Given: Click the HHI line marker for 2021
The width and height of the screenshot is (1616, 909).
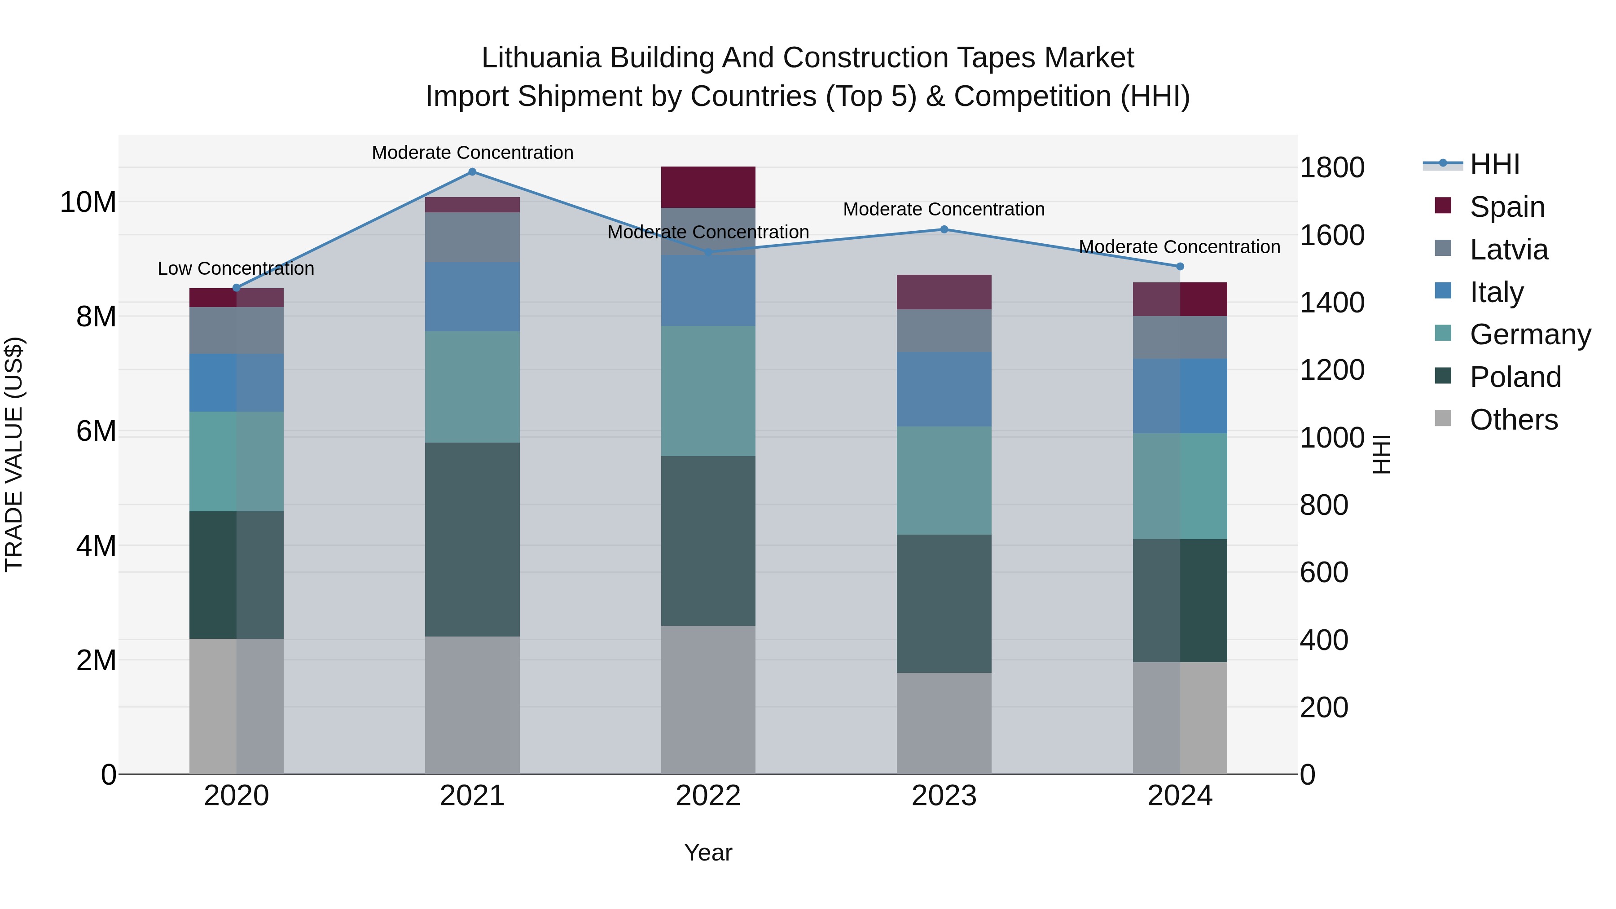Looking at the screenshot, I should [x=472, y=172].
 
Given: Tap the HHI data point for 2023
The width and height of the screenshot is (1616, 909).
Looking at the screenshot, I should [x=944, y=229].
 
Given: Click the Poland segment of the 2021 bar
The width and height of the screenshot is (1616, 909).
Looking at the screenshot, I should [x=472, y=540].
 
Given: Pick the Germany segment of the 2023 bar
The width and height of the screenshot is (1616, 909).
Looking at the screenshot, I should [x=944, y=480].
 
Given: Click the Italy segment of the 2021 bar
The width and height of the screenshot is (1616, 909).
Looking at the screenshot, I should [x=472, y=297].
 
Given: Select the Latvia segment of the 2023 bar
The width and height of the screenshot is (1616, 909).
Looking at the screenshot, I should [x=944, y=330].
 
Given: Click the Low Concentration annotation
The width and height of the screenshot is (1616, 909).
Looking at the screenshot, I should [x=236, y=268].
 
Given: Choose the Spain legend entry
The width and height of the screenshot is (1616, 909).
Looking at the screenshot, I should [x=1507, y=207].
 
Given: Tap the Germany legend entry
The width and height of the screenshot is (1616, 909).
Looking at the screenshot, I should [x=1529, y=334].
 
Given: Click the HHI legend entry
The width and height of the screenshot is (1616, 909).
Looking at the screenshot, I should [x=1494, y=164].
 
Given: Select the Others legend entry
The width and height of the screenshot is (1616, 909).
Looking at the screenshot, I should [x=1513, y=420].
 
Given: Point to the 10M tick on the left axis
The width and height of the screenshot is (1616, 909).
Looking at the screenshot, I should [x=88, y=202].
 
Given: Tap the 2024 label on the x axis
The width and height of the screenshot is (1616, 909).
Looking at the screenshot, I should [x=1179, y=796].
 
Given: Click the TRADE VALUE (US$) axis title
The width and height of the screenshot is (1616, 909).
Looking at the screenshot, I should [x=14, y=454].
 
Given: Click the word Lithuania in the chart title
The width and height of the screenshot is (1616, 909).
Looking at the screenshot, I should [x=541, y=58].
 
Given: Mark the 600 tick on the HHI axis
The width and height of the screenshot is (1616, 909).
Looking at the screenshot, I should [x=1324, y=573].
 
